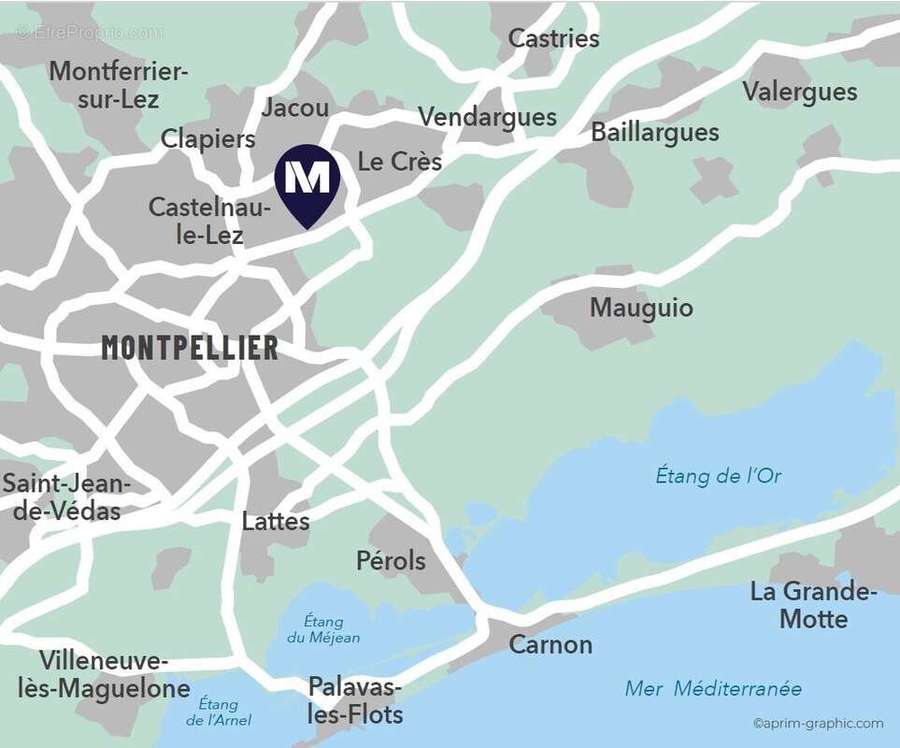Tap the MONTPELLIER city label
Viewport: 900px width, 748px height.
[x=190, y=348]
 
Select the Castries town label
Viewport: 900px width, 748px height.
[x=553, y=38]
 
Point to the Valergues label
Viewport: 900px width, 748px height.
[x=799, y=92]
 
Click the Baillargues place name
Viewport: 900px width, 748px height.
[x=654, y=133]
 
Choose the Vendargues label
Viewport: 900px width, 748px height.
[x=487, y=117]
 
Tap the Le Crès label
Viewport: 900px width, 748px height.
[x=400, y=161]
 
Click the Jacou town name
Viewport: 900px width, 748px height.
[x=295, y=108]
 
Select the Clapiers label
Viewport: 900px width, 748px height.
[x=207, y=139]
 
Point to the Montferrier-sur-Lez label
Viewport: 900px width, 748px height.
[x=119, y=84]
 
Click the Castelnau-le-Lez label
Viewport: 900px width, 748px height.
[x=209, y=221]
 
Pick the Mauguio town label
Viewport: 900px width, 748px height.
[x=641, y=308]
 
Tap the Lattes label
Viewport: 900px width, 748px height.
[x=276, y=521]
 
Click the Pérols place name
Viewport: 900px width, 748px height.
[x=391, y=561]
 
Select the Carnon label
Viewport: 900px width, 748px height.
[x=550, y=644]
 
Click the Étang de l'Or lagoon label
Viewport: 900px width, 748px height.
[x=718, y=476]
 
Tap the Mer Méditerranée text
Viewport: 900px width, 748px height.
[x=713, y=689]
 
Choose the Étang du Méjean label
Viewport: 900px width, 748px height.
[x=323, y=629]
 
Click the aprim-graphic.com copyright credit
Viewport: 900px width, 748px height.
[x=818, y=723]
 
